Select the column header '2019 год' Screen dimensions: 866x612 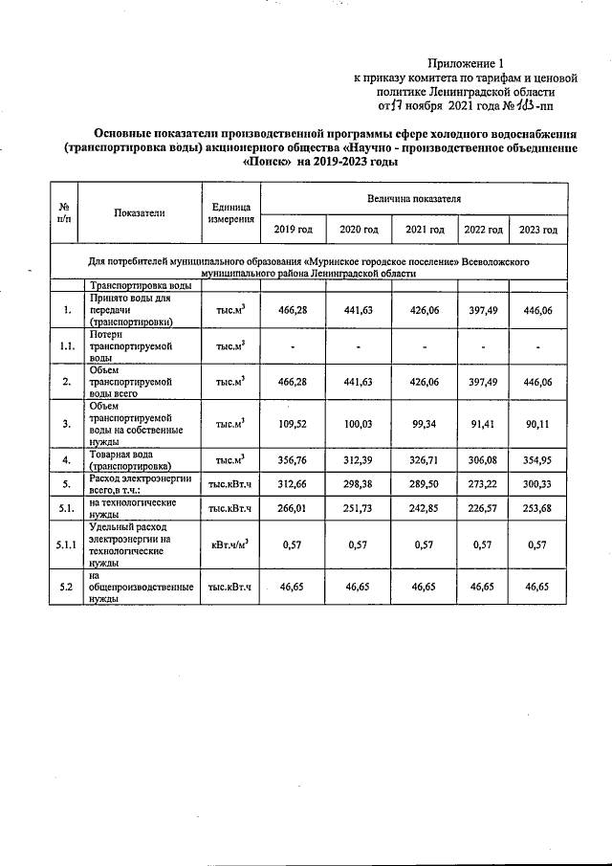click(x=293, y=230)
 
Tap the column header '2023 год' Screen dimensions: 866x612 click(x=537, y=230)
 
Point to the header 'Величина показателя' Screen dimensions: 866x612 click(x=414, y=198)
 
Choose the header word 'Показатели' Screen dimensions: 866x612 click(x=139, y=212)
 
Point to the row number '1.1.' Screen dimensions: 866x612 click(x=66, y=346)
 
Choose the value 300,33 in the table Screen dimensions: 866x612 click(x=537, y=483)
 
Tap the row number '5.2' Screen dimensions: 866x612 click(x=66, y=586)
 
